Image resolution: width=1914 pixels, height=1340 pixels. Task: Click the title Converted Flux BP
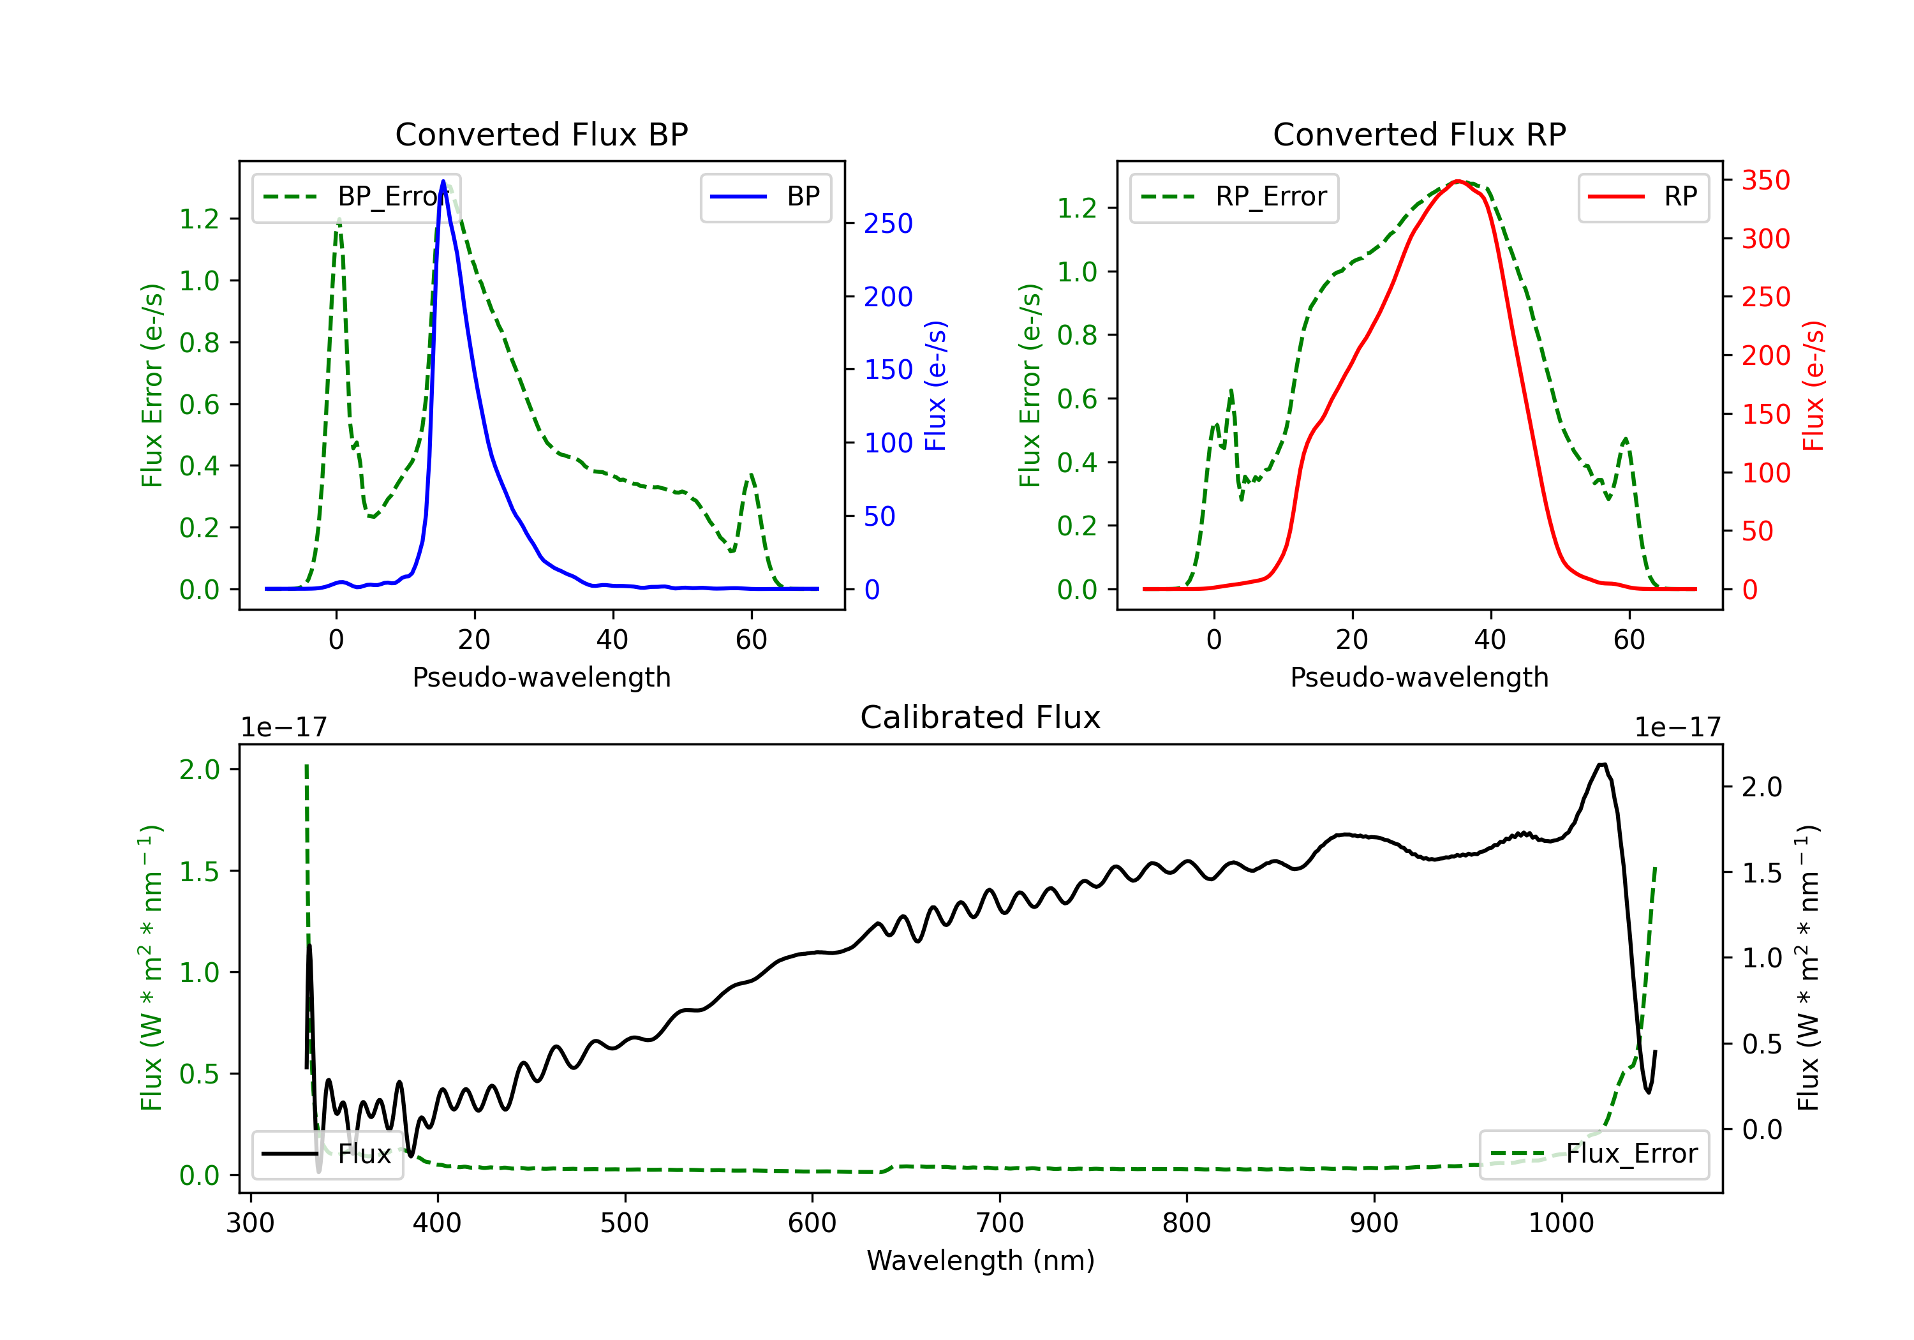click(541, 134)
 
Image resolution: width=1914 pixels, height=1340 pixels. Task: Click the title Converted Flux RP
click(1419, 134)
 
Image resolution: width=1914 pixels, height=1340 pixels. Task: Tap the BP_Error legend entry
click(356, 197)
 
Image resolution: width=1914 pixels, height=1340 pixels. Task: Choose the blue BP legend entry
click(765, 197)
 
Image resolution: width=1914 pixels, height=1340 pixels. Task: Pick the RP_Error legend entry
click(1234, 197)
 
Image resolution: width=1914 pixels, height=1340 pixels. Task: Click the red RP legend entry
click(1643, 197)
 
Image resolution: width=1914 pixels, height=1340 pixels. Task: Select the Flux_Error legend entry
click(1593, 1154)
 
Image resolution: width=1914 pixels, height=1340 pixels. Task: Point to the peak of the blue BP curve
click(443, 182)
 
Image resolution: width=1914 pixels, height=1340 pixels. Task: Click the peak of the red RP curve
click(1457, 181)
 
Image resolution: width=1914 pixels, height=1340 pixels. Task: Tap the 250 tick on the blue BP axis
click(888, 223)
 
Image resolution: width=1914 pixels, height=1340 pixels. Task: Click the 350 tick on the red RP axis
click(1765, 180)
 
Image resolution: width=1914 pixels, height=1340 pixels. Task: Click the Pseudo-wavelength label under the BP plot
click(541, 677)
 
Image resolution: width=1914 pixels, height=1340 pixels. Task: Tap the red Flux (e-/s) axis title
click(1813, 385)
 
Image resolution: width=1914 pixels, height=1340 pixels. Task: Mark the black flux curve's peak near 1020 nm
click(1601, 764)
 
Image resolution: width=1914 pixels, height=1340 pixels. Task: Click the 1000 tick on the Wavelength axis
click(1561, 1223)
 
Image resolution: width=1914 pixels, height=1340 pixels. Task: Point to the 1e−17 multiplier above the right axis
click(1677, 727)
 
